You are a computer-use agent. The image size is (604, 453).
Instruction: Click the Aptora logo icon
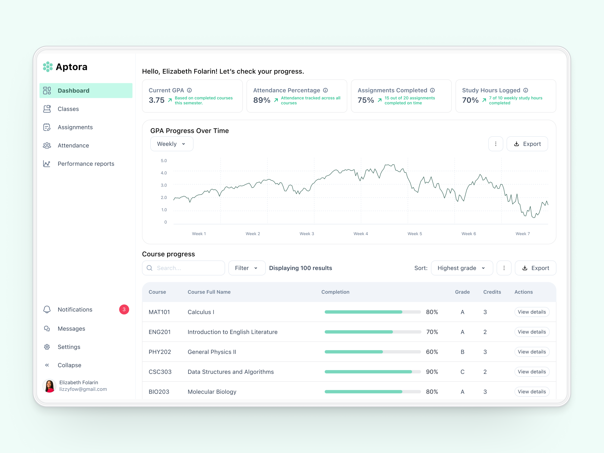pos(48,67)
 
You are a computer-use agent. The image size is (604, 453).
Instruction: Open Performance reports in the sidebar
pos(86,164)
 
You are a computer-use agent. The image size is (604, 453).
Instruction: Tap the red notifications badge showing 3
pos(124,309)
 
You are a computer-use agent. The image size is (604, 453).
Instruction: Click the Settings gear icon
pos(47,347)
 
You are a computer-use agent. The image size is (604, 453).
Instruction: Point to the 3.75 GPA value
pos(157,100)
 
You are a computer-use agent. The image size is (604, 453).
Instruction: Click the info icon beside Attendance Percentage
pos(325,90)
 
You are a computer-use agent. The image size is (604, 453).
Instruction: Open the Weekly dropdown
pos(171,144)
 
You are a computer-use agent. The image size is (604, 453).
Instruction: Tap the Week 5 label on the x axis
pos(414,234)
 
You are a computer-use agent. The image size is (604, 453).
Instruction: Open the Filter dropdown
pos(246,268)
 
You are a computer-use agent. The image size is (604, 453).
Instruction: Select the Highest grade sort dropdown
pos(461,268)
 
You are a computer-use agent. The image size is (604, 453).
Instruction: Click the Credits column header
pos(492,292)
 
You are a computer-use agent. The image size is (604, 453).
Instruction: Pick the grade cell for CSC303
pos(462,372)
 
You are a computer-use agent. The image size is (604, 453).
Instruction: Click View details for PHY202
pos(532,352)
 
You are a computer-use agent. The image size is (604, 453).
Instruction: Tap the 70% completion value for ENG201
pos(432,332)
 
